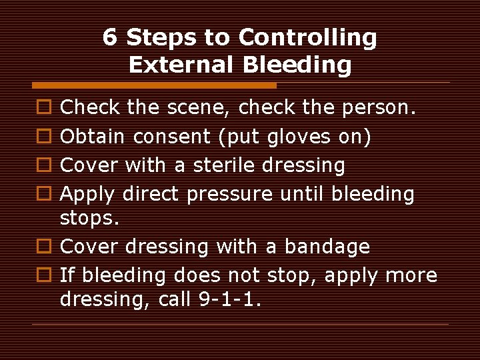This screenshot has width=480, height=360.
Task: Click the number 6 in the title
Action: pyautogui.click(x=111, y=38)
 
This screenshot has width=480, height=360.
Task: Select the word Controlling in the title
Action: pyautogui.click(x=307, y=38)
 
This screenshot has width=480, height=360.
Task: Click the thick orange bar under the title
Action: pyautogui.click(x=155, y=85)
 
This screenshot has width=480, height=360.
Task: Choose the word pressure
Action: pyautogui.click(x=229, y=194)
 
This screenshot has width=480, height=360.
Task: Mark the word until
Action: pyautogui.click(x=301, y=194)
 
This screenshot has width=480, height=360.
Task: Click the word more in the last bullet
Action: pyautogui.click(x=411, y=275)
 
